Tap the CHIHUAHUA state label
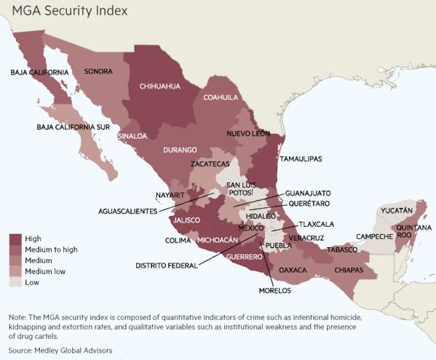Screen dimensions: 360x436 tap(160, 87)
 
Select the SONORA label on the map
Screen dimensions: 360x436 tap(98, 72)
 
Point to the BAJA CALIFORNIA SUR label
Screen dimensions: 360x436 tap(73, 127)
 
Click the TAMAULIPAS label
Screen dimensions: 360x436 tap(301, 159)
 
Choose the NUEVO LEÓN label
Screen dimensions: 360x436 tap(248, 134)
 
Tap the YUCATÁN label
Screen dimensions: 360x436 tap(396, 211)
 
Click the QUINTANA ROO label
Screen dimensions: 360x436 tap(414, 232)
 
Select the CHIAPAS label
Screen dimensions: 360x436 tap(349, 270)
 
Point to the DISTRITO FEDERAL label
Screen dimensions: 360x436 tap(166, 265)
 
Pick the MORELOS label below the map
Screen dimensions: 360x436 tap(275, 290)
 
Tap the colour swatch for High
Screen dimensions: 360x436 tap(16, 239)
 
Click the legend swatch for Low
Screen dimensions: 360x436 tap(16, 282)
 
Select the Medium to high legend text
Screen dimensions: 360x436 tap(51, 250)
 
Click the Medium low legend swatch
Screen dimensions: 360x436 tap(16, 272)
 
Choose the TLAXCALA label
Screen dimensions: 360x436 tap(316, 224)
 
